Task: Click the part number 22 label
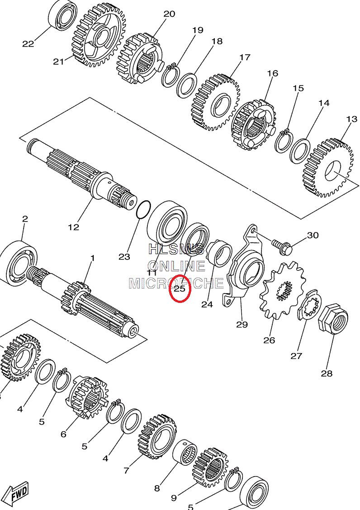[28, 44]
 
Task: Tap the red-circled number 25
[180, 288]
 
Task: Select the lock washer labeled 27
[311, 306]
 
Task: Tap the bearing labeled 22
[62, 16]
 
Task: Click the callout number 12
[73, 227]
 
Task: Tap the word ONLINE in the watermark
[176, 266]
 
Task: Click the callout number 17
[245, 57]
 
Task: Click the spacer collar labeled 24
[219, 254]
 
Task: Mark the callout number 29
[242, 324]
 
